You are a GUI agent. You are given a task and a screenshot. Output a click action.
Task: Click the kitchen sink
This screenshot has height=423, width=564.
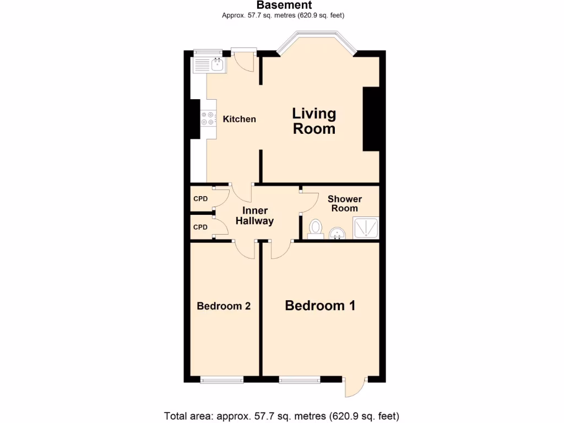[x=210, y=66]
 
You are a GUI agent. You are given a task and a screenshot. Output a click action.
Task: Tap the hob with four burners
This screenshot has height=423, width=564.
[x=208, y=118]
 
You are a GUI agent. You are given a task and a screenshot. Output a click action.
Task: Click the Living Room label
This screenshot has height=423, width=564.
[x=314, y=121]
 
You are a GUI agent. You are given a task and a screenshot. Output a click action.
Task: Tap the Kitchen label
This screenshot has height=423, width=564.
[x=239, y=119]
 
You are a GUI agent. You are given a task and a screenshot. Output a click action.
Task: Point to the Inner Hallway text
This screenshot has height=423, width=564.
[x=254, y=216]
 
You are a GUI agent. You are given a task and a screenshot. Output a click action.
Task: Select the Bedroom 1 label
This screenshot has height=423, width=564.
[x=320, y=306]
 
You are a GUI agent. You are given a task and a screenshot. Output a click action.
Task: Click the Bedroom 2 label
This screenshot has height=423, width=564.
[x=224, y=306]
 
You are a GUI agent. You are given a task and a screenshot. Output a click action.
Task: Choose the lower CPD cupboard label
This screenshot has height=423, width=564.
[x=200, y=227]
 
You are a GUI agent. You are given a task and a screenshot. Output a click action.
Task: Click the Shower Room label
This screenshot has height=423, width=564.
[x=345, y=203]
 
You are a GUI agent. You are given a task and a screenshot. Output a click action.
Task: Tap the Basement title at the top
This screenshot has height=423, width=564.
[x=284, y=6]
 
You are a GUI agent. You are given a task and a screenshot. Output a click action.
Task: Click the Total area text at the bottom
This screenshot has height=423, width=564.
[x=281, y=415]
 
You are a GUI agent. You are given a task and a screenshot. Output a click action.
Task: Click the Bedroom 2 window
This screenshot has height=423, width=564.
[x=221, y=379]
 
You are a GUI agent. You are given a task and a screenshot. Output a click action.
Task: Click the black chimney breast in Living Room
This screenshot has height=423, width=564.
[x=371, y=118]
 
